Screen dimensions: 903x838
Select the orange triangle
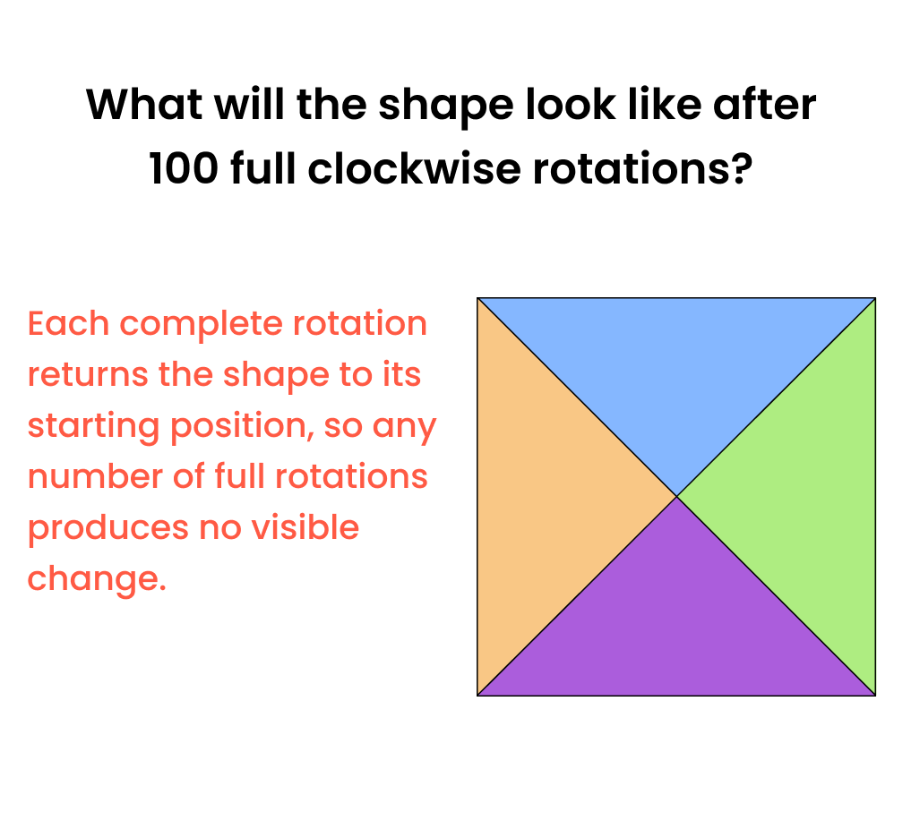pyautogui.click(x=545, y=497)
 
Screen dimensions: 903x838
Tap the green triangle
pyautogui.click(x=809, y=497)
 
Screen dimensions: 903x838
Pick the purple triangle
pyautogui.click(x=676, y=630)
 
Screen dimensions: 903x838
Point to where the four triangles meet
pyautogui.click(x=676, y=496)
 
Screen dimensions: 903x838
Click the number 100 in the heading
pyautogui.click(x=184, y=168)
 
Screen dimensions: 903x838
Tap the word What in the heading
pyautogui.click(x=144, y=105)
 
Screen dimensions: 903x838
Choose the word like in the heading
pyautogui.click(x=664, y=104)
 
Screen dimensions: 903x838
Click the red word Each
pyautogui.click(x=68, y=323)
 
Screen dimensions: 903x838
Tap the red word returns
pyautogui.click(x=88, y=374)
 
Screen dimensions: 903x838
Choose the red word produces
pyautogui.click(x=107, y=529)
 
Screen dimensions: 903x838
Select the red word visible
pyautogui.click(x=308, y=527)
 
